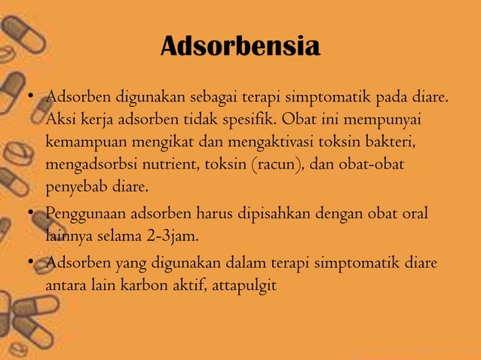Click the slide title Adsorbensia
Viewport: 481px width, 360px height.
[x=240, y=47]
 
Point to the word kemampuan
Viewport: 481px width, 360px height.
[x=84, y=141]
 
